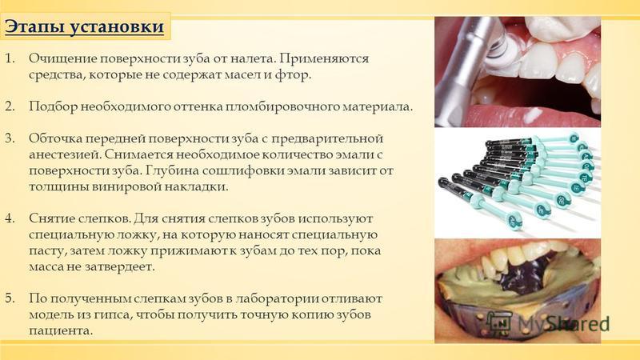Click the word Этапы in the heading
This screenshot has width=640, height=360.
(33, 27)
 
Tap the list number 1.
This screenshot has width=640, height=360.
(10, 58)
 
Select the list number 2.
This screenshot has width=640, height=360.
(10, 106)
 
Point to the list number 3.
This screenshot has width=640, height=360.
(10, 138)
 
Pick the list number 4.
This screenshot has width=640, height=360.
(10, 218)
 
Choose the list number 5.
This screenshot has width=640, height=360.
(10, 298)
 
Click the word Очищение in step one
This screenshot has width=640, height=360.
(62, 59)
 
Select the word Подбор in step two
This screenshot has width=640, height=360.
(53, 106)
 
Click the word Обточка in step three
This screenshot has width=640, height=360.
(55, 138)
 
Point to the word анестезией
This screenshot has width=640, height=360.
(65, 154)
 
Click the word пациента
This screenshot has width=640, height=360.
(61, 330)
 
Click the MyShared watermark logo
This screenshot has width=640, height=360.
(549, 323)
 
